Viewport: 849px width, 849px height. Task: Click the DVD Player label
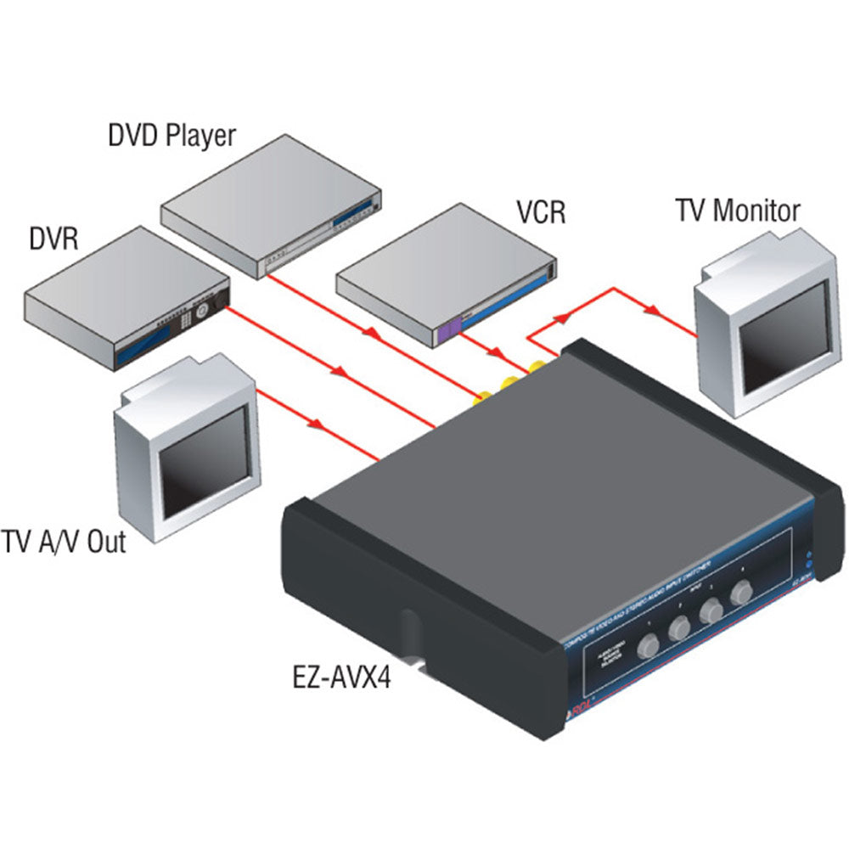[171, 135]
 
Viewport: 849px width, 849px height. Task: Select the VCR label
[541, 211]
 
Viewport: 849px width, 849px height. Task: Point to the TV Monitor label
[737, 210]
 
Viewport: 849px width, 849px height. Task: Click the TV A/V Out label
[64, 541]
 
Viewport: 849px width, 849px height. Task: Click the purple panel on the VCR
[449, 329]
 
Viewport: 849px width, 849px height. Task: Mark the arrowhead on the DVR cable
[340, 372]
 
